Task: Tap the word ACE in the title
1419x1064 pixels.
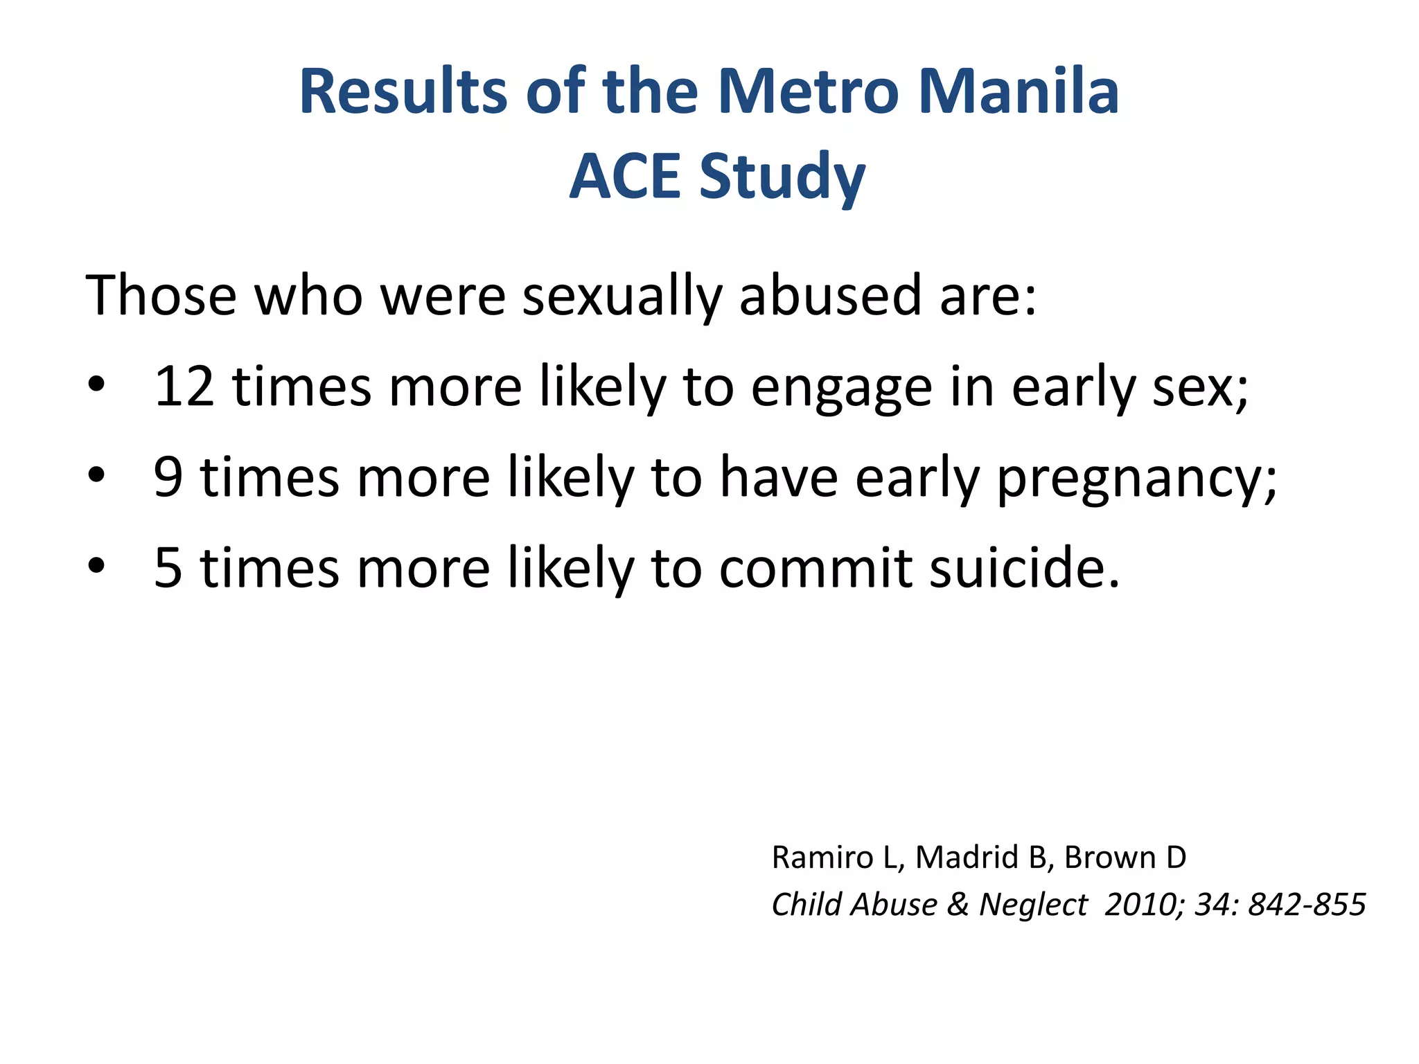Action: coord(625,177)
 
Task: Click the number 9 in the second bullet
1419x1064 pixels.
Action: coord(168,477)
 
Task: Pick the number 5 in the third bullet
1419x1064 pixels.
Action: coord(168,568)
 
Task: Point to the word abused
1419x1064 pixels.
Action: coord(831,296)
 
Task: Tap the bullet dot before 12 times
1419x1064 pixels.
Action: coord(96,385)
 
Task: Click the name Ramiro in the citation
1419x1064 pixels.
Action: coord(822,858)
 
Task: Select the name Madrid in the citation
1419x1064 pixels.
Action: coord(968,858)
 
